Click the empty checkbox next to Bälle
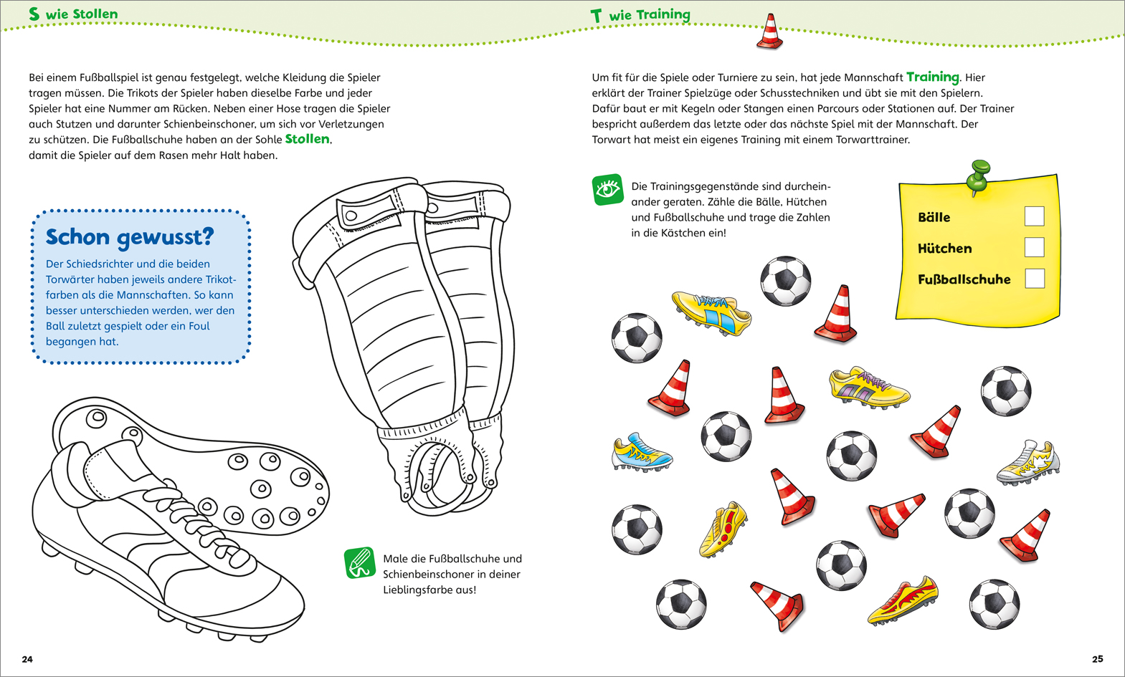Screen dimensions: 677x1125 pyautogui.click(x=1034, y=216)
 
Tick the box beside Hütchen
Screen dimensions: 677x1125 pyautogui.click(x=1034, y=248)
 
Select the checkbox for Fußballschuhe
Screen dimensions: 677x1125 pyautogui.click(x=1035, y=279)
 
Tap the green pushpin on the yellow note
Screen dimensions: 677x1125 pyautogui.click(x=977, y=176)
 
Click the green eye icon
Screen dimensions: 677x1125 pyautogui.click(x=607, y=190)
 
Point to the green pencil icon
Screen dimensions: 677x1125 pyautogui.click(x=360, y=562)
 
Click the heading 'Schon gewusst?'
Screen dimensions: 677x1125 pyautogui.click(x=130, y=237)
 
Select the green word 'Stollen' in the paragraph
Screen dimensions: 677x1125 pyautogui.click(x=307, y=139)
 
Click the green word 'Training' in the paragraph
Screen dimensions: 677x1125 pyautogui.click(x=932, y=77)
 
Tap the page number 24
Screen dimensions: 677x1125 pyautogui.click(x=27, y=659)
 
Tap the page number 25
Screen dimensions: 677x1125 pyautogui.click(x=1097, y=659)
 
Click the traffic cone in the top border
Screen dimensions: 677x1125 pyautogui.click(x=769, y=32)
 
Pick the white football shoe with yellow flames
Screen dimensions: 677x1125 pyautogui.click(x=1028, y=463)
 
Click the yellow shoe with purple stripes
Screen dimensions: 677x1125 pyautogui.click(x=868, y=388)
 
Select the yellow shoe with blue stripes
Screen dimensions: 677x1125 pyautogui.click(x=711, y=312)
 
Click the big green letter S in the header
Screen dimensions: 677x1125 pyautogui.click(x=34, y=14)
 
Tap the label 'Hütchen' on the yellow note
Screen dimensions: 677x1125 pyautogui.click(x=944, y=249)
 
